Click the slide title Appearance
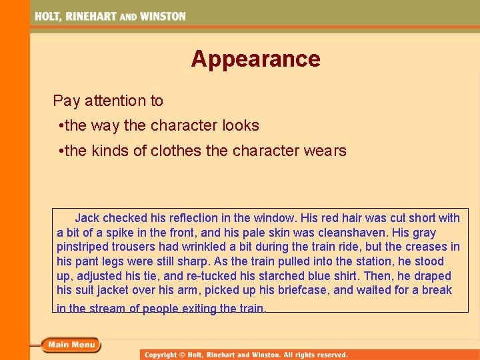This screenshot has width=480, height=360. click(x=255, y=59)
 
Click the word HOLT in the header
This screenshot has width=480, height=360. click(x=48, y=16)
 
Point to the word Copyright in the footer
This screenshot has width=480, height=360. click(x=161, y=355)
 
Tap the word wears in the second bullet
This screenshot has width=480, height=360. click(x=326, y=151)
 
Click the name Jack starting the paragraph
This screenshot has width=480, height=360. click(x=87, y=218)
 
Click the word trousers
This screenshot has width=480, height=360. click(x=136, y=247)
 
